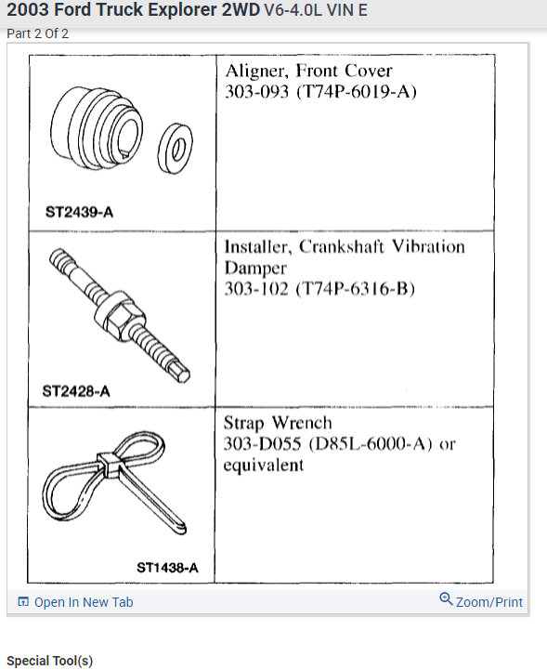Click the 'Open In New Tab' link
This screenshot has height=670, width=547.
click(83, 602)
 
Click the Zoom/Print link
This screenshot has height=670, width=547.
click(489, 602)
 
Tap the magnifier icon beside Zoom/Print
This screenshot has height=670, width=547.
click(446, 599)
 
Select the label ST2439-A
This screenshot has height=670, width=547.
click(79, 211)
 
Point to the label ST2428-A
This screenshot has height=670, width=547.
click(76, 391)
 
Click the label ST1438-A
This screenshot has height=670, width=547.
click(167, 567)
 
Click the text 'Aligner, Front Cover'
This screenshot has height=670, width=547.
click(308, 72)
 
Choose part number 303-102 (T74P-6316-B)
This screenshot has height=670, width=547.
click(319, 289)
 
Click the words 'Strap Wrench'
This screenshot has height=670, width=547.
click(277, 423)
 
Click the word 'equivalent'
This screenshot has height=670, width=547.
click(263, 465)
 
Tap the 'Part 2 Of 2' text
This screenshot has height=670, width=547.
click(38, 33)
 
